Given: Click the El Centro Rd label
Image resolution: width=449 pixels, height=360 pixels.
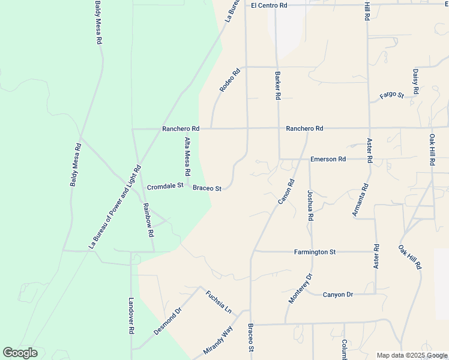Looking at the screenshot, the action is (270, 5).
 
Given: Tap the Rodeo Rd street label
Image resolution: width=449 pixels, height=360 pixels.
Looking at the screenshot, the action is (229, 80).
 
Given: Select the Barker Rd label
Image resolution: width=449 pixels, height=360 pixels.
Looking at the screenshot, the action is (278, 86).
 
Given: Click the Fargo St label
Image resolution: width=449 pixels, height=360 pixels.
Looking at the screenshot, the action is (391, 95).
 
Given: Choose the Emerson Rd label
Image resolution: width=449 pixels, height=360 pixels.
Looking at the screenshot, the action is (328, 159).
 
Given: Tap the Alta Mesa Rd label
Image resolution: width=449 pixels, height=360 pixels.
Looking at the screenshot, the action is (188, 156).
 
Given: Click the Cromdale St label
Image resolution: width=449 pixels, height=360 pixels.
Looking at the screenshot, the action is (165, 187).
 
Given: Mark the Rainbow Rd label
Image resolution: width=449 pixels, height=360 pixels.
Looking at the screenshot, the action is (148, 219).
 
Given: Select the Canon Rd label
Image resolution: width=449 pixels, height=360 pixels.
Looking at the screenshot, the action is (286, 191).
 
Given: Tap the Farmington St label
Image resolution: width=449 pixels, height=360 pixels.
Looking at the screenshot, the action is (315, 252).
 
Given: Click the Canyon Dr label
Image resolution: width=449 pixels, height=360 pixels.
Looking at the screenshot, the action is (338, 295).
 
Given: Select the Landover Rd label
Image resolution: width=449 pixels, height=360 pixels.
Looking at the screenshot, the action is (131, 316).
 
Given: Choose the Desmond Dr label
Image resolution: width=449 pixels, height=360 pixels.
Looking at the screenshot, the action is (167, 322).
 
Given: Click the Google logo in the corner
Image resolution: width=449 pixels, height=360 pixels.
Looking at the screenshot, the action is (20, 353).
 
